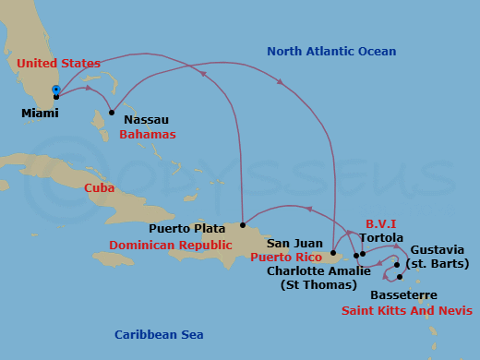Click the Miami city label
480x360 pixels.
pyautogui.click(x=40, y=114)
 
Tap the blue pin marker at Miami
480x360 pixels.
pyautogui.click(x=56, y=90)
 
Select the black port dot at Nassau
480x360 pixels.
pyautogui.click(x=112, y=113)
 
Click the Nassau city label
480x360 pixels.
pyautogui.click(x=146, y=118)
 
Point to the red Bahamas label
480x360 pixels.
pyautogui.click(x=147, y=134)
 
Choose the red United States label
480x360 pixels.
pyautogui.click(x=58, y=63)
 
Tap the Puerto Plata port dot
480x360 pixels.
pyautogui.click(x=243, y=224)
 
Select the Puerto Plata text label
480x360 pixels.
pyautogui.click(x=187, y=227)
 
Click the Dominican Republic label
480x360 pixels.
pyautogui.click(x=170, y=245)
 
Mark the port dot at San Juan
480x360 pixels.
pyautogui.click(x=333, y=251)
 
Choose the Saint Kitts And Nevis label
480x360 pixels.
pyautogui.click(x=407, y=310)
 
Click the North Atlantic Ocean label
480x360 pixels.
pyautogui.click(x=331, y=52)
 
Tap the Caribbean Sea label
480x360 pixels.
pyautogui.click(x=159, y=334)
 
